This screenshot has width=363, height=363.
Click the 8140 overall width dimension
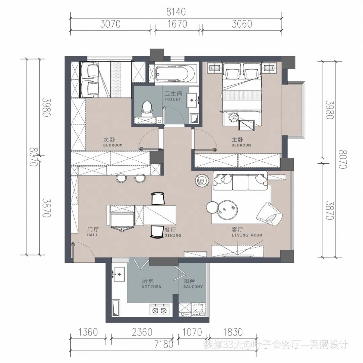[176, 12]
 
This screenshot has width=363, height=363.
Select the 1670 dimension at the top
[177, 24]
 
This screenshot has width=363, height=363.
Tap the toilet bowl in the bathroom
[146, 108]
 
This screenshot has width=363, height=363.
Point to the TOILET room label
[173, 99]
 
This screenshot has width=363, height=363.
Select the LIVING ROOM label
[247, 235]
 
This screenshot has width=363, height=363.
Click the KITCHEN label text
[152, 287]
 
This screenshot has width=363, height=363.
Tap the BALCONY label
[193, 287]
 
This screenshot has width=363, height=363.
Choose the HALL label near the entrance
[93, 235]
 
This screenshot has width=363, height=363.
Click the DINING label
[173, 235]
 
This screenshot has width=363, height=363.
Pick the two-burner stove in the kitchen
[160, 310]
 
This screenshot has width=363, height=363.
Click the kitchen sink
[119, 274]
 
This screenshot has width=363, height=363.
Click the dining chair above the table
[158, 199]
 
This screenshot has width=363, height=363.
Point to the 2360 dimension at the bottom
[142, 332]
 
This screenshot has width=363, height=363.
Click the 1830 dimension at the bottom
[233, 332]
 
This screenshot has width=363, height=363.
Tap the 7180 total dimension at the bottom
[164, 344]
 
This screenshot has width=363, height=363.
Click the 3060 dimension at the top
[242, 24]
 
